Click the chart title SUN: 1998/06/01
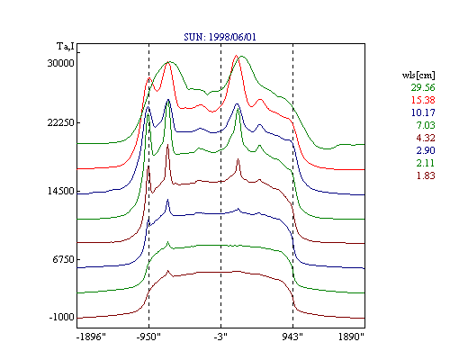[220, 37]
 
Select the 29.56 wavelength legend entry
[423, 87]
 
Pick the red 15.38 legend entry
[423, 100]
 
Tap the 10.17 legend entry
[423, 112]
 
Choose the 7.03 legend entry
[426, 125]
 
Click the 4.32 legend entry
[426, 138]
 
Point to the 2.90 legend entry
[426, 150]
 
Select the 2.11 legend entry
[426, 163]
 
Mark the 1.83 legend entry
[426, 175]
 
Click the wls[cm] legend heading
[418, 75]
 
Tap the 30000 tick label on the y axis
[60, 63]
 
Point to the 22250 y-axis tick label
[60, 122]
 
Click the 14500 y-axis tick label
[60, 191]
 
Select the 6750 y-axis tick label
[63, 259]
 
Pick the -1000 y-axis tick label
[61, 317]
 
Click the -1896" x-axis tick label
[91, 337]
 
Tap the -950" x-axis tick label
[148, 337]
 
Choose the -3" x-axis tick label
[220, 337]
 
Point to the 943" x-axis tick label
[292, 337]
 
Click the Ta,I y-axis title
[66, 47]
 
